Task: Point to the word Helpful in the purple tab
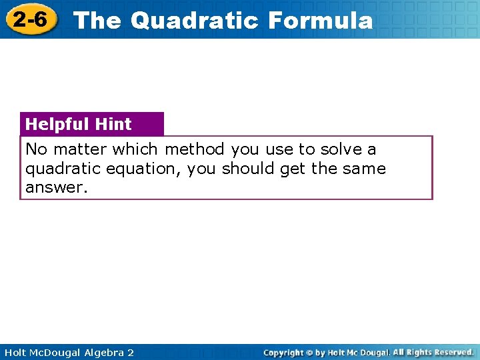[x=57, y=124]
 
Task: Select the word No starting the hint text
[x=36, y=149]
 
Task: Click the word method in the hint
[x=194, y=149]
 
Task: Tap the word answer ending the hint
[x=56, y=188]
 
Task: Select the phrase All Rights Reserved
[x=433, y=352]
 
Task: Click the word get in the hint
[x=292, y=169]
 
